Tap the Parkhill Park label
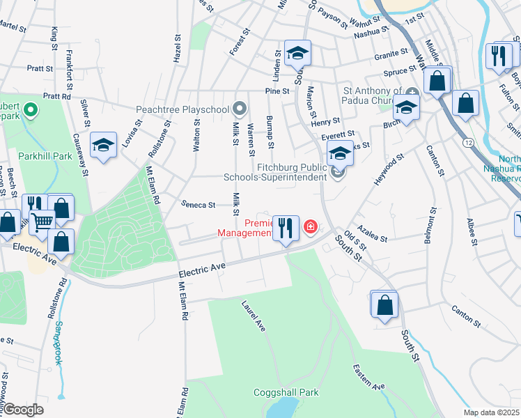[x=45, y=156]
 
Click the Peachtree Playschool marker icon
[x=240, y=109]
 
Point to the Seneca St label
[x=199, y=205]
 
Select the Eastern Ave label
[x=368, y=377]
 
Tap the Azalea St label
[x=372, y=233]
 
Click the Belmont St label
[x=431, y=225]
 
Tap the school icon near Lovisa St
[x=103, y=146]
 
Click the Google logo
[x=23, y=410]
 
